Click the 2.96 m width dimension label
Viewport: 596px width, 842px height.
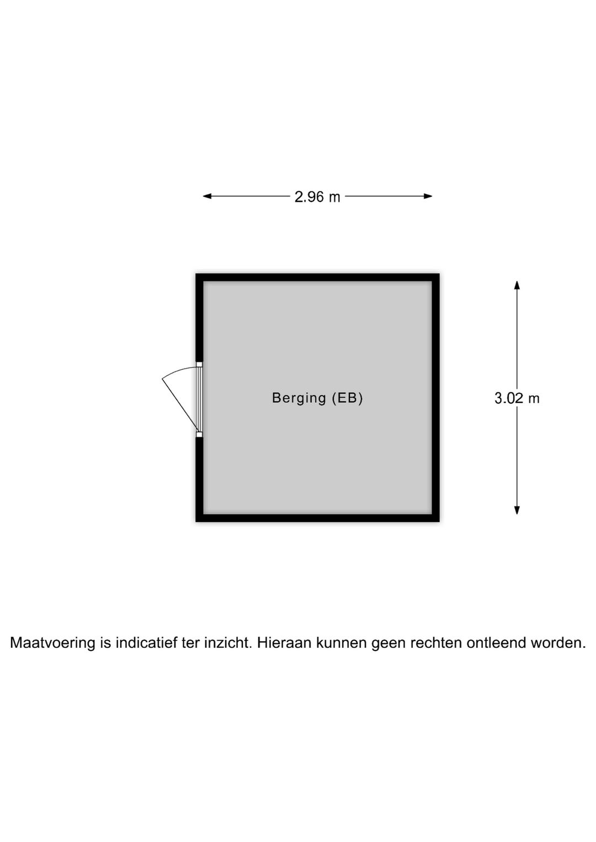(317, 196)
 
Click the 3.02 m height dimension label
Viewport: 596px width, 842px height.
(517, 398)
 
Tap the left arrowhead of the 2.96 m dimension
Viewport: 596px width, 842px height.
(207, 196)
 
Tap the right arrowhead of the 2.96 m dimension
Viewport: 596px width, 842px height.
(428, 196)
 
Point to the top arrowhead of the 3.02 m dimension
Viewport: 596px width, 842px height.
(517, 285)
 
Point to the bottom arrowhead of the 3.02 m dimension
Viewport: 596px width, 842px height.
(517, 510)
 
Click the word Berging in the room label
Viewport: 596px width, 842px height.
(299, 398)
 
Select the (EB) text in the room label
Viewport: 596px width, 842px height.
(347, 398)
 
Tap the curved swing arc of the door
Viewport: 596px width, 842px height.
(179, 371)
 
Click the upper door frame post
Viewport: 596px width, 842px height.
(199, 364)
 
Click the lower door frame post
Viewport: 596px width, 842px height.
(199, 435)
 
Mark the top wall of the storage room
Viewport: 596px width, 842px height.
(317, 278)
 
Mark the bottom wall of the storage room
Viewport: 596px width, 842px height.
(317, 518)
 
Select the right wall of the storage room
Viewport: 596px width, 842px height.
(435, 398)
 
